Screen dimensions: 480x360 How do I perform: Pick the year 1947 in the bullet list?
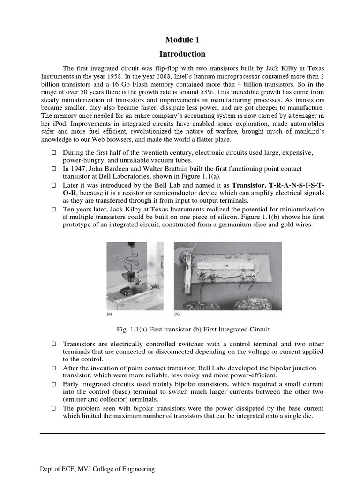[78, 168]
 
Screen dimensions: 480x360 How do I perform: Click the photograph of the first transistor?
[135, 273]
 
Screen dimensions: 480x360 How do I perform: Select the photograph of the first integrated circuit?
[228, 273]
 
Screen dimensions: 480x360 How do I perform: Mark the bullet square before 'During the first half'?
[53, 153]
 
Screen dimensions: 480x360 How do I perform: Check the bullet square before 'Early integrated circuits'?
[53, 384]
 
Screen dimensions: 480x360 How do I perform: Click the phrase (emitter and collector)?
[99, 399]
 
